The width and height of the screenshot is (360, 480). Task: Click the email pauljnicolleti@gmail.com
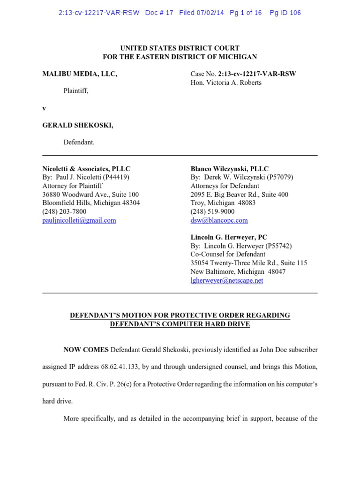tap(79, 220)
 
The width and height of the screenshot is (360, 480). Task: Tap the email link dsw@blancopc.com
tap(219, 220)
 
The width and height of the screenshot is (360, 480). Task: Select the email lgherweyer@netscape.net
tap(227, 280)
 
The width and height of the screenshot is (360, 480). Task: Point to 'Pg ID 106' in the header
tap(285, 13)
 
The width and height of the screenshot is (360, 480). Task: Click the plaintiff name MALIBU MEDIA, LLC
tap(80, 74)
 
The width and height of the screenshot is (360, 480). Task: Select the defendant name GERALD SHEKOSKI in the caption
tap(78, 125)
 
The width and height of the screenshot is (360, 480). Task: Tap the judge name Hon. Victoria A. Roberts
tap(226, 82)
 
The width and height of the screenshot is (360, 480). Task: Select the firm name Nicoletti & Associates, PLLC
tap(86, 169)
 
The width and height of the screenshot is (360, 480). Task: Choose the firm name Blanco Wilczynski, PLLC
tap(230, 169)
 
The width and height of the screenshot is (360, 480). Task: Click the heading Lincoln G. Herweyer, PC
tap(229, 237)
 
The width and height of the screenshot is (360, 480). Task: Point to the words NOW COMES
tap(86, 350)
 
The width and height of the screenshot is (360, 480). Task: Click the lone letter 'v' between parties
tap(44, 108)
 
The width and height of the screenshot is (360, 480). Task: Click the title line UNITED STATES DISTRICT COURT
tap(180, 48)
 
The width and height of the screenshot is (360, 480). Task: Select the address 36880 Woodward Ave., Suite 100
tap(90, 195)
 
